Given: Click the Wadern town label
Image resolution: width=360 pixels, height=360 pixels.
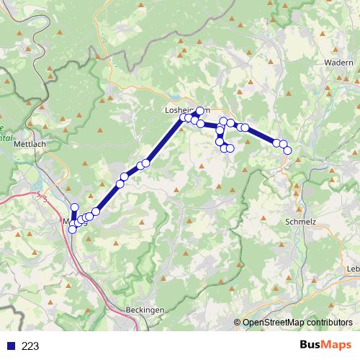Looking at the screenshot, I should [x=338, y=63].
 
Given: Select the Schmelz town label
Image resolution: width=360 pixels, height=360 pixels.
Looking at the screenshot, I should [x=301, y=222].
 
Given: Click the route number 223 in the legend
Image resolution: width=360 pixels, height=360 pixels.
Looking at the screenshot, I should [x=30, y=346].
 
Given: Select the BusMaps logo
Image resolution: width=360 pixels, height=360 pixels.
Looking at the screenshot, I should [x=325, y=346].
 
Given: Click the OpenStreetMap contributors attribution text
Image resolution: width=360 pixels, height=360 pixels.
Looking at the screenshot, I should [x=297, y=323].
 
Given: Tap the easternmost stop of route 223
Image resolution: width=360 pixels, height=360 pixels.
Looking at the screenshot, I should [x=288, y=150].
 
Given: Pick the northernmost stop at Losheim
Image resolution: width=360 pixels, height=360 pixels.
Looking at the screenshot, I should [x=200, y=111].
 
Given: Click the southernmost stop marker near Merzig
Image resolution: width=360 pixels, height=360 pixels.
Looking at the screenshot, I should [x=72, y=230].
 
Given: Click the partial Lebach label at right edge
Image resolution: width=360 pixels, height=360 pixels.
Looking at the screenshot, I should [x=353, y=269].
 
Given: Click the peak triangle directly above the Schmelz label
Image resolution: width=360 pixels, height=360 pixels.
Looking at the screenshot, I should [x=297, y=193].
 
